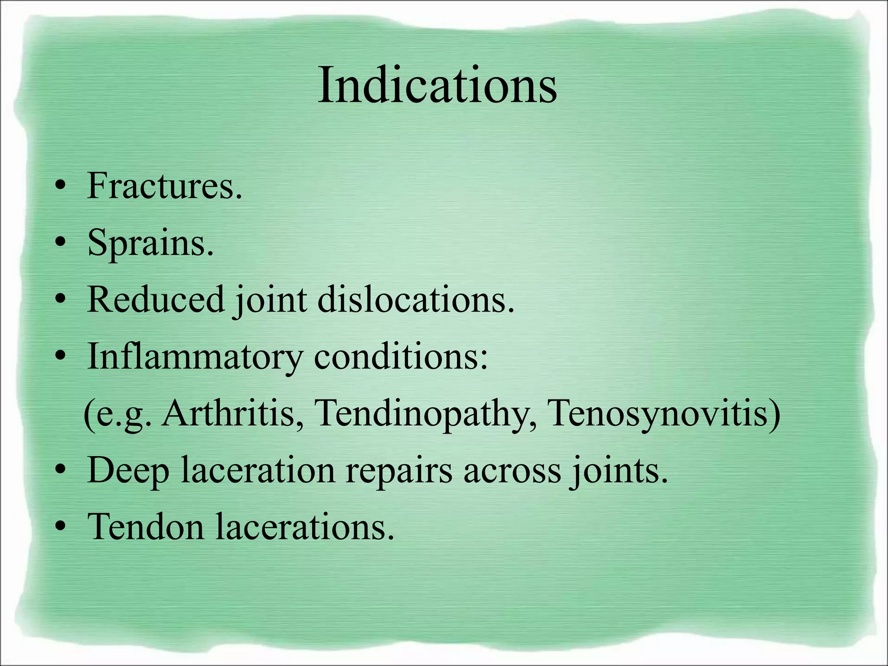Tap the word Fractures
click(x=164, y=186)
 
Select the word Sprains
click(x=150, y=243)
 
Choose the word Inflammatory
click(x=195, y=357)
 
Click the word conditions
click(x=401, y=357)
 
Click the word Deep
click(x=128, y=471)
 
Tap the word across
click(x=512, y=471)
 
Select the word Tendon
click(x=145, y=527)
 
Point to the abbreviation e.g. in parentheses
click(x=124, y=414)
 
